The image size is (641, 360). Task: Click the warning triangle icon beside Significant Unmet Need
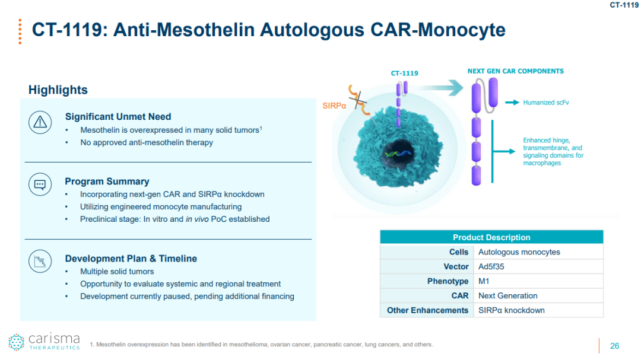click(x=40, y=122)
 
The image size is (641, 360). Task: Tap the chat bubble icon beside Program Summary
click(x=40, y=184)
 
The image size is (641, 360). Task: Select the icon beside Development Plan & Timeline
click(x=40, y=261)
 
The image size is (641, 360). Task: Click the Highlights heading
click(x=58, y=90)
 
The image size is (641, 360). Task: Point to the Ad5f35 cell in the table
click(x=491, y=267)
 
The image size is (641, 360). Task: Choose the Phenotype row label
click(x=448, y=281)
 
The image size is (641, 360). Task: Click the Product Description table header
click(x=491, y=237)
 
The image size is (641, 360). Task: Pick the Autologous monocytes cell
click(x=519, y=252)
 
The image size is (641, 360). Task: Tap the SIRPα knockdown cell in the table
click(x=511, y=310)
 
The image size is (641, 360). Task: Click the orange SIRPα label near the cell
click(x=335, y=106)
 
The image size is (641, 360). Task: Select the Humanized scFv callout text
click(x=546, y=103)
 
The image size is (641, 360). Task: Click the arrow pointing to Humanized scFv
click(x=512, y=103)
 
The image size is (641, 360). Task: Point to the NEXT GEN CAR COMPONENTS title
click(x=515, y=71)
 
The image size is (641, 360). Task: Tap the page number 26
click(x=614, y=346)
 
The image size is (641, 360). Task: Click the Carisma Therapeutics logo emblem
click(x=16, y=342)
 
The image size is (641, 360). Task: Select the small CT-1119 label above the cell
click(x=404, y=73)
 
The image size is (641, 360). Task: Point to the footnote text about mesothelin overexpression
click(x=261, y=345)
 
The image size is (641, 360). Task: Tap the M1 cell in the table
click(x=484, y=281)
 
